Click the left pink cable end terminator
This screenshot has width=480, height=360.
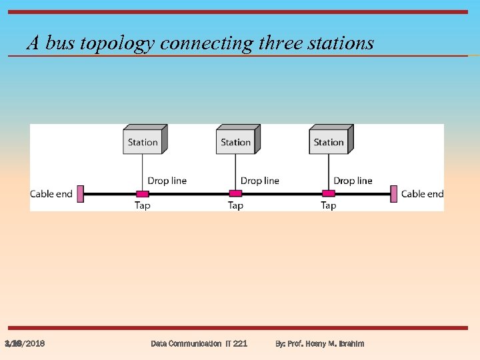tap(80, 194)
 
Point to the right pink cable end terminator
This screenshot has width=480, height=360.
tap(394, 194)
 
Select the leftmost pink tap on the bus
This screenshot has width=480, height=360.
tap(142, 194)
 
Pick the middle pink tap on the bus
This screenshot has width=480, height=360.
tap(235, 194)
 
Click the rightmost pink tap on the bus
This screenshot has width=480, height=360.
tap(328, 194)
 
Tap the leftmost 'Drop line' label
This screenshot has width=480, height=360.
tap(167, 181)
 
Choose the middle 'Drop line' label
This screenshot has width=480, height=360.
tap(260, 181)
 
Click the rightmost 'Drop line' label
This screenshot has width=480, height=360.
tap(353, 181)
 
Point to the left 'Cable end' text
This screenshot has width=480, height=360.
tap(51, 194)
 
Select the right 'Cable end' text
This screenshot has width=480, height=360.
tap(422, 194)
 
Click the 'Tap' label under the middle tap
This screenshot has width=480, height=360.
tap(235, 205)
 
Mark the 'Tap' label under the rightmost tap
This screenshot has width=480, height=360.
tap(328, 205)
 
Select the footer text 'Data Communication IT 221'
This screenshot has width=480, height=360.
tap(199, 343)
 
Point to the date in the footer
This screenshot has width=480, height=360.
tap(25, 343)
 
